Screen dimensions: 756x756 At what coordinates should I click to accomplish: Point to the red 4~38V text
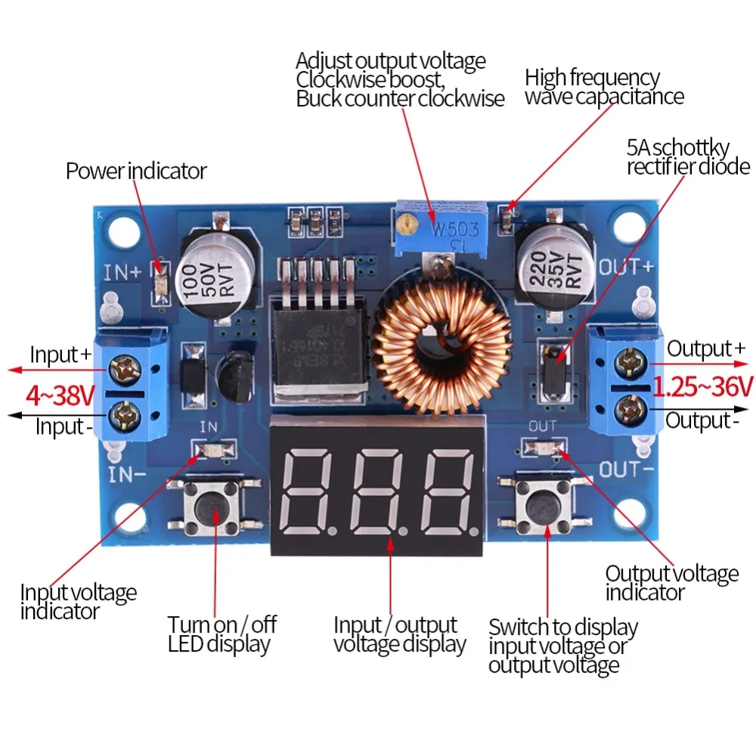[x=60, y=394]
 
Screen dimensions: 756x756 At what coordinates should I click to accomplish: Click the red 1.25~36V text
[x=703, y=386]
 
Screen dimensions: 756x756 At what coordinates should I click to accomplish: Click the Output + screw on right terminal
[x=627, y=363]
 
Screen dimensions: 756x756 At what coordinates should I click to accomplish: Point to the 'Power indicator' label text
[x=136, y=171]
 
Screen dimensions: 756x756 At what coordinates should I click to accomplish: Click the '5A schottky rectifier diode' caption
[x=688, y=156]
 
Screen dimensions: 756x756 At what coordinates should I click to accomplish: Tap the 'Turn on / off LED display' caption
[x=222, y=634]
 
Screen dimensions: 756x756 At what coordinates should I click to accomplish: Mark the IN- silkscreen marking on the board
[x=123, y=475]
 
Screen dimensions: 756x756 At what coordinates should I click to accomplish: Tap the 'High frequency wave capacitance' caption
[x=604, y=87]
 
